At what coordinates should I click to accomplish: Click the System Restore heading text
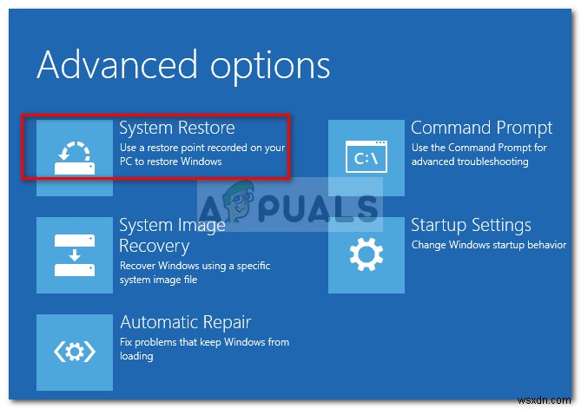177,129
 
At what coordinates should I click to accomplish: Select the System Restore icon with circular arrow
75,158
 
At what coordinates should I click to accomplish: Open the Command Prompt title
481,129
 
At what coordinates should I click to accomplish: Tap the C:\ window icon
366,156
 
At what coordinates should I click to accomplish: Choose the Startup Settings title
471,225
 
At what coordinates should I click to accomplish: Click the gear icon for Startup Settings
366,254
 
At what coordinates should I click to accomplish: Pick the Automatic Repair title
186,322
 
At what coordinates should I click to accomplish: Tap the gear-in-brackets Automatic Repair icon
75,352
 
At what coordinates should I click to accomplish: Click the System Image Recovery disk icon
75,255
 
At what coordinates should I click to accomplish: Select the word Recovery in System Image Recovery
154,247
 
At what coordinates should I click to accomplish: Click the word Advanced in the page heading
117,65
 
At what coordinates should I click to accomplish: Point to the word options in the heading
270,69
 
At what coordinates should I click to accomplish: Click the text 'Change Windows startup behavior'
489,245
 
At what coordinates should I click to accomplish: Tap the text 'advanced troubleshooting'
470,162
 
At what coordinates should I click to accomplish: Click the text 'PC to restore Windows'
171,162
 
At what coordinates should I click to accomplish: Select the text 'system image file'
158,280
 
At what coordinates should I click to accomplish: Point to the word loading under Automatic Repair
136,356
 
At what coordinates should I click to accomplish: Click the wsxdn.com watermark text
544,400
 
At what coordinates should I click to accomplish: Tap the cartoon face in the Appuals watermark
240,201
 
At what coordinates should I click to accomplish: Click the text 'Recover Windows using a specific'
195,266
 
